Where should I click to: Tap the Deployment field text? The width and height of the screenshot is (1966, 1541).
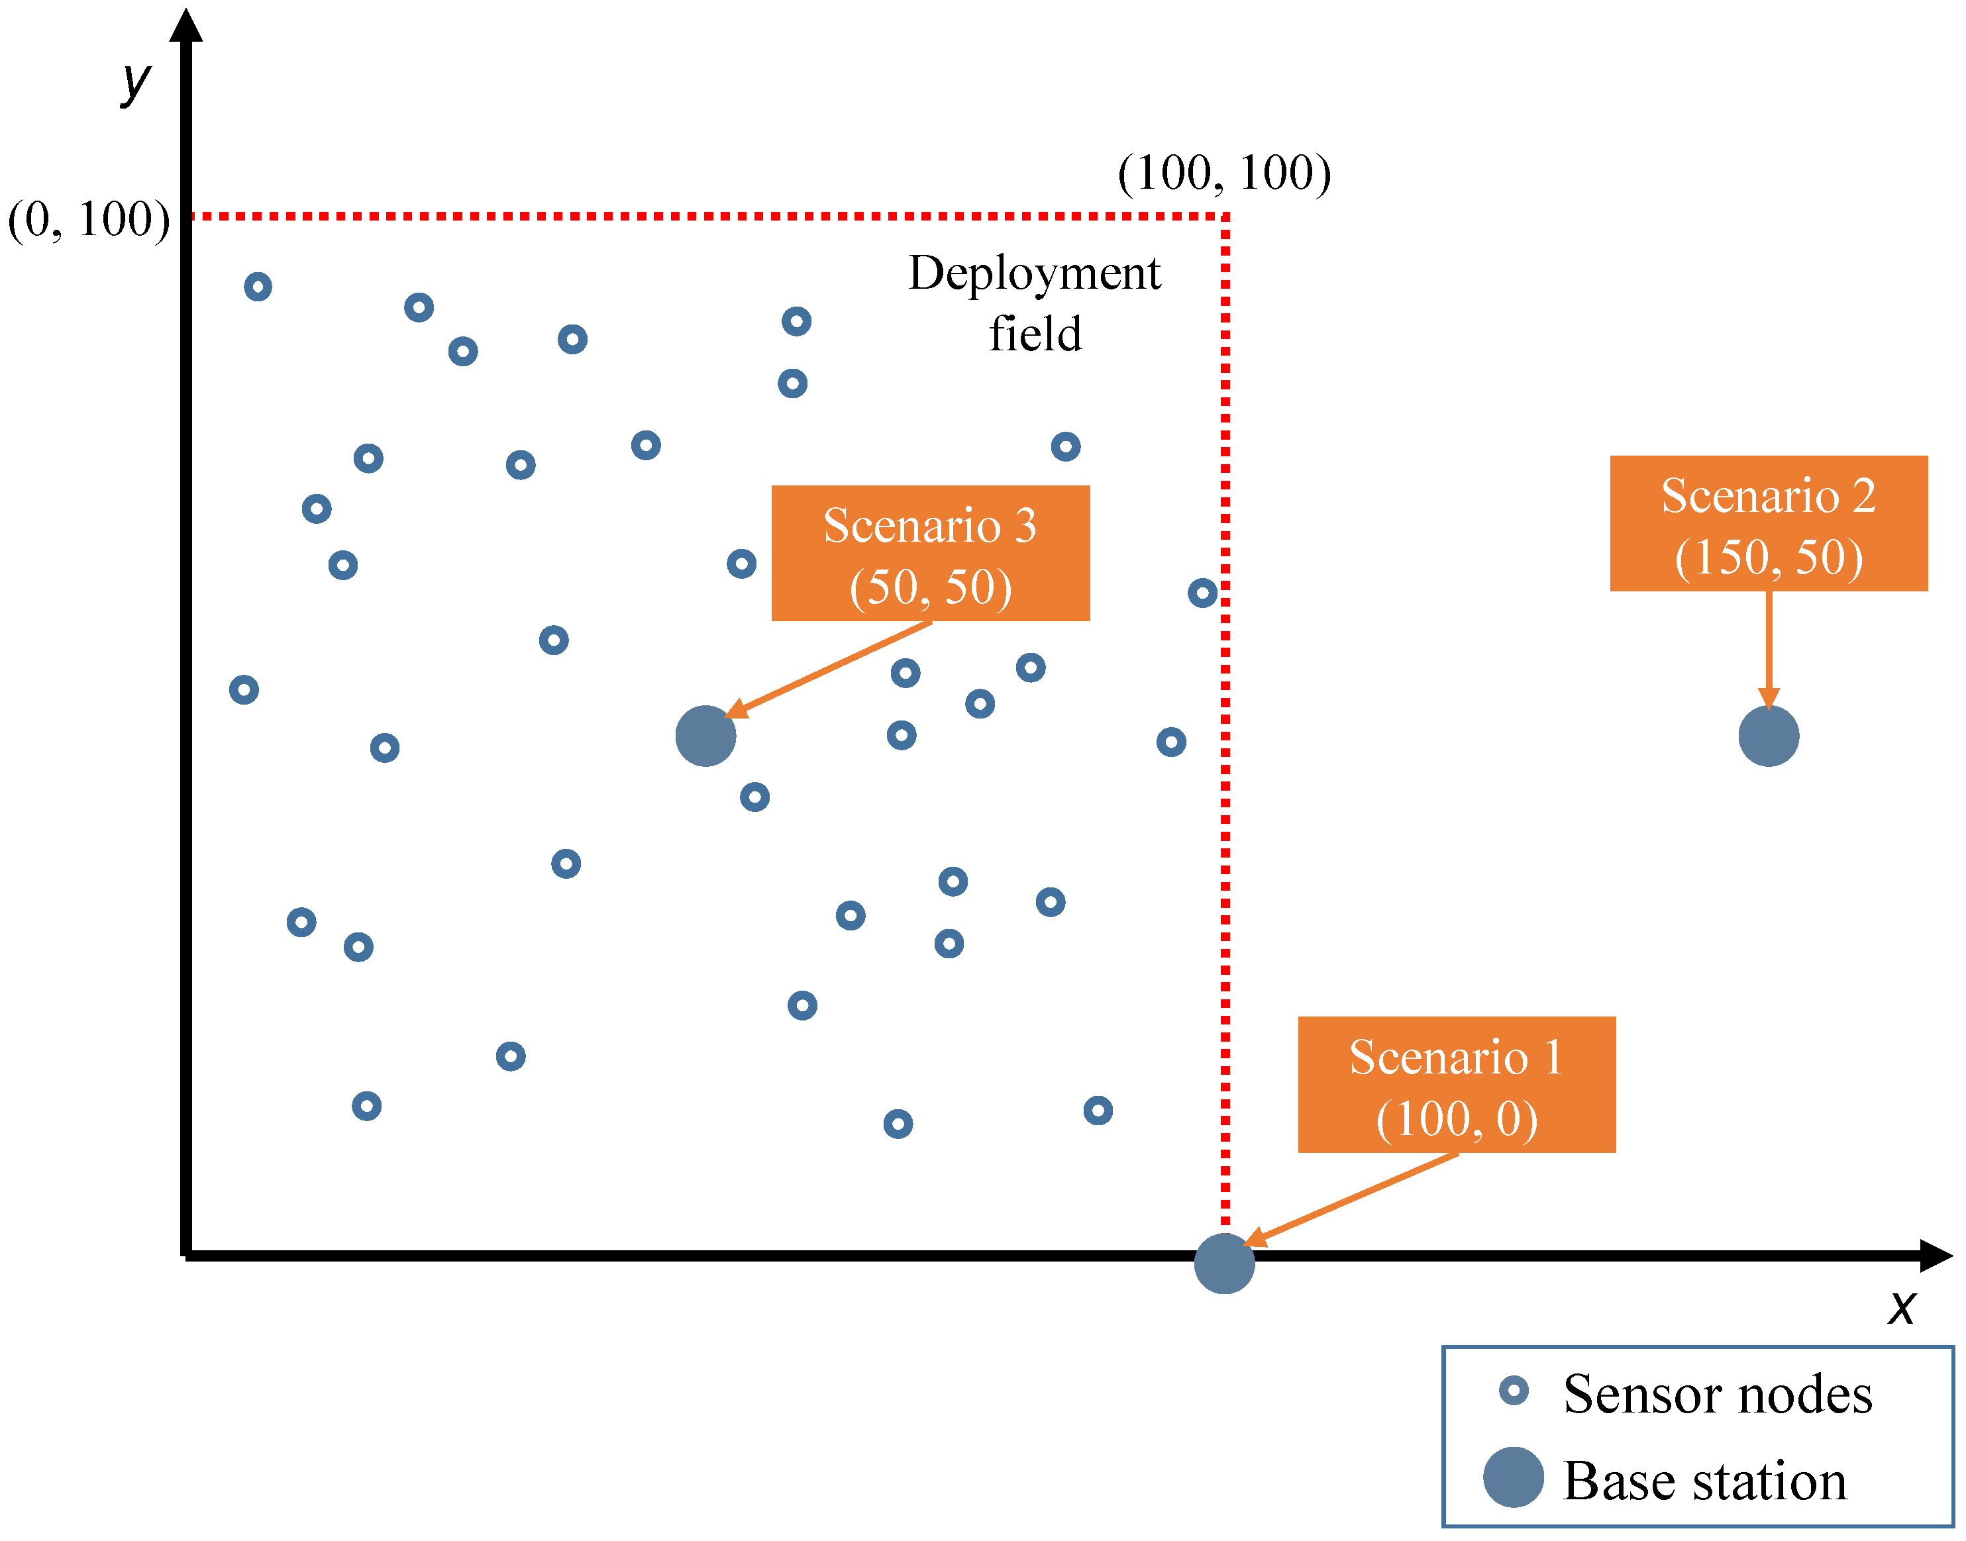[1034, 303]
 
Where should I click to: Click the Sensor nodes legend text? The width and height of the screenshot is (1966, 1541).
[1717, 1394]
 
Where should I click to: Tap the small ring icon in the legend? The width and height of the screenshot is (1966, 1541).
[1514, 1390]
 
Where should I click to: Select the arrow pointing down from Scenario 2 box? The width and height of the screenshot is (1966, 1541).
[1769, 650]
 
